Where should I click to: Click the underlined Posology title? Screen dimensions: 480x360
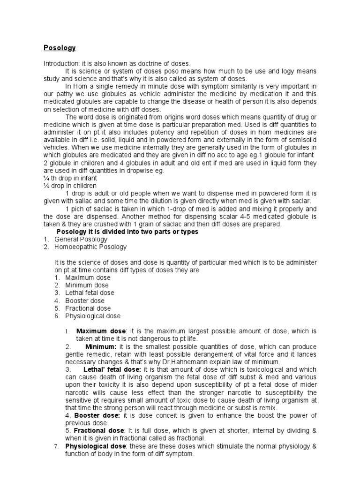tap(60, 48)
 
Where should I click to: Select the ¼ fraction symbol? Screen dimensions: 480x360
tap(46, 178)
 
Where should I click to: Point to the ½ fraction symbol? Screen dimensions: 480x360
tap(46, 186)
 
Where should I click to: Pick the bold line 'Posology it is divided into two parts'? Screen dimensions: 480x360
tap(127, 232)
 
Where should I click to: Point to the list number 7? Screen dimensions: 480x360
tap(56, 446)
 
